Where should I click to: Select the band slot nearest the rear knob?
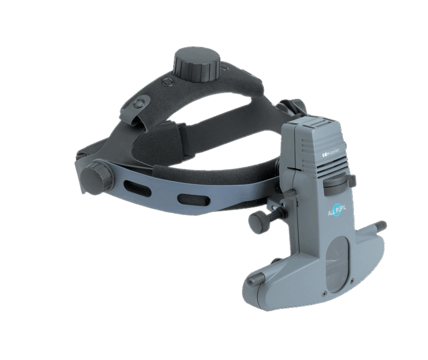[x=132, y=189]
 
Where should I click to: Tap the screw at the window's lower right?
[x=352, y=280]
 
